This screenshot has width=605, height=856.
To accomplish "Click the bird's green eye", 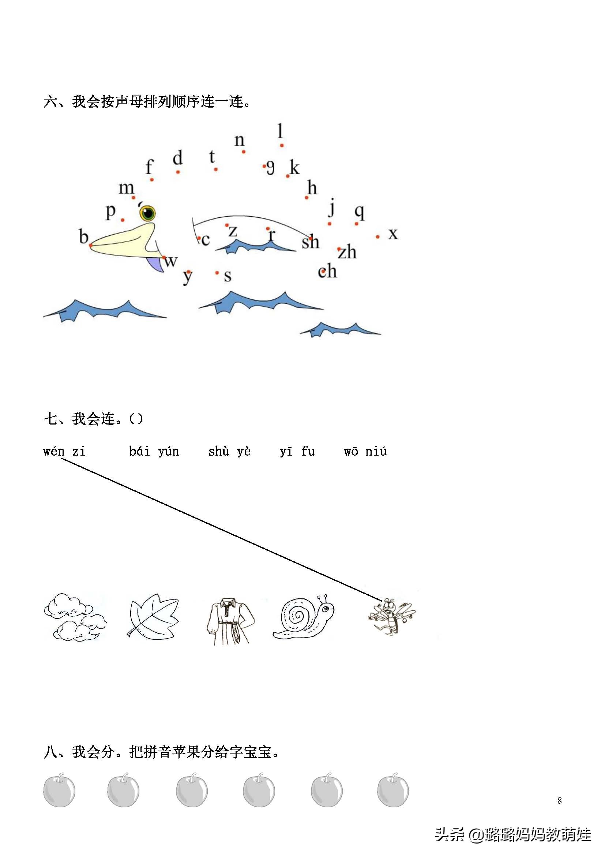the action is click(147, 213).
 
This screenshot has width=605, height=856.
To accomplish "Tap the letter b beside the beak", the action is click(83, 236).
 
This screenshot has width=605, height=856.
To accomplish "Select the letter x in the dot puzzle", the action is click(393, 234).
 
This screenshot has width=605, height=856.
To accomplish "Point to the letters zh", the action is click(347, 252).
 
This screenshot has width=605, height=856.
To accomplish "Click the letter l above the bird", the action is click(280, 131).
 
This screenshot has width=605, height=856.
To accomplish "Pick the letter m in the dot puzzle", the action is click(126, 188).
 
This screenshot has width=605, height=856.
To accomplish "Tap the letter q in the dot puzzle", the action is click(359, 212).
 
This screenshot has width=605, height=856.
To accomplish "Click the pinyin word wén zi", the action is click(64, 452).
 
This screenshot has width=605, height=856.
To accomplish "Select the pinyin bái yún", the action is click(154, 452).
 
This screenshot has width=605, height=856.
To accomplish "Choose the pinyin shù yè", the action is click(229, 452).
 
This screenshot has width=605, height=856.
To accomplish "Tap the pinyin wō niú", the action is click(365, 452).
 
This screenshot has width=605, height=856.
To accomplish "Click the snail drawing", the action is click(303, 617).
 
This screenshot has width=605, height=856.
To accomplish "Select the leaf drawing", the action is click(154, 617).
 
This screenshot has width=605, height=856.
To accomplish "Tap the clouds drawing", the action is click(75, 617).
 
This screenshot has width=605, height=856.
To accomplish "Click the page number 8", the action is click(559, 800).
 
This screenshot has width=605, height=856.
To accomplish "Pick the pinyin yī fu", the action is click(297, 452).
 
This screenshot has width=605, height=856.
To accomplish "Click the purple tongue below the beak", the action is click(156, 264).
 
